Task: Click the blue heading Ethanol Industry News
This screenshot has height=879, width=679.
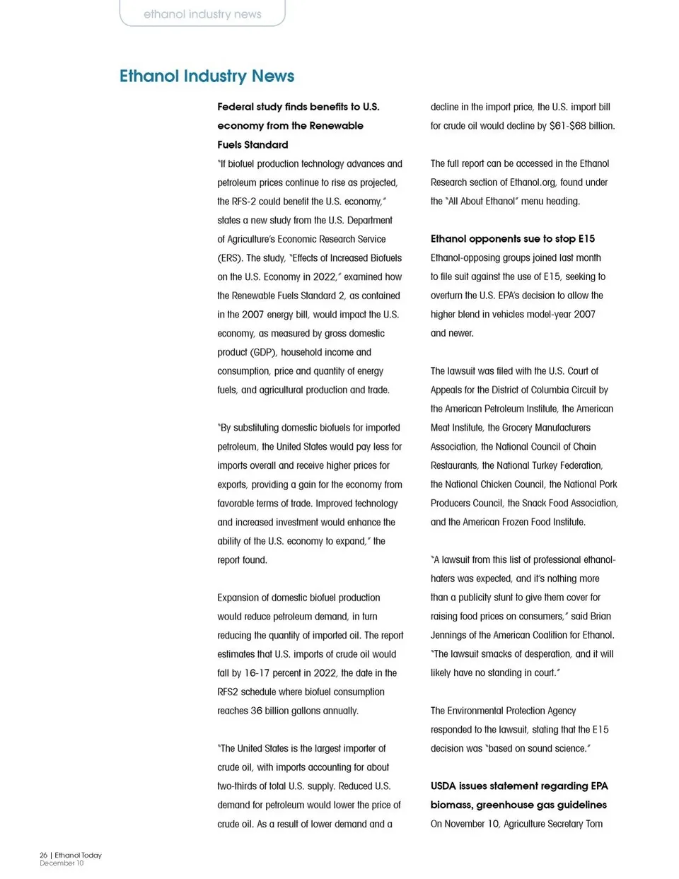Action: [x=207, y=76]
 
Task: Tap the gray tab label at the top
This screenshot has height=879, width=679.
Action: [x=202, y=14]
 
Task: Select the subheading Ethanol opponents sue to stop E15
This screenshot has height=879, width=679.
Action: [x=512, y=239]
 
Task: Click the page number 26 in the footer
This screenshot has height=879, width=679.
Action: [x=43, y=855]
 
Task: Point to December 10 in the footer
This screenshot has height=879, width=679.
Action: [x=62, y=863]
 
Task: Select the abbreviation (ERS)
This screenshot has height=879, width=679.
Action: [x=230, y=258]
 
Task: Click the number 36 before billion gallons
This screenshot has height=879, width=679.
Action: [x=256, y=711]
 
